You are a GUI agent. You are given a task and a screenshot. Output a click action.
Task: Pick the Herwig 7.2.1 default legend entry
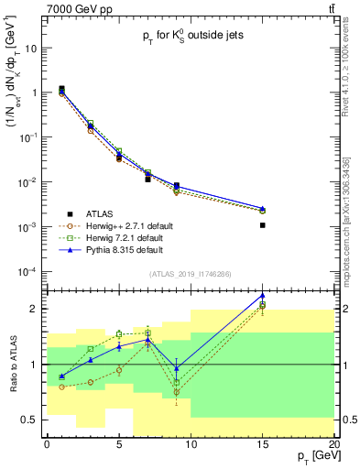coord(125,238)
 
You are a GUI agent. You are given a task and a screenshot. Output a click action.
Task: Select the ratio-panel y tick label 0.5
coord(29,420)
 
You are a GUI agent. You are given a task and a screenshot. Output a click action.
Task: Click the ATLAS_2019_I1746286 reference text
coord(191,274)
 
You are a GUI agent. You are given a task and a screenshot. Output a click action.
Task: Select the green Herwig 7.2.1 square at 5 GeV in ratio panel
coord(119,334)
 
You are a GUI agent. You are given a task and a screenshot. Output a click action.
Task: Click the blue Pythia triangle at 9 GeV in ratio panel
coord(176,368)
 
